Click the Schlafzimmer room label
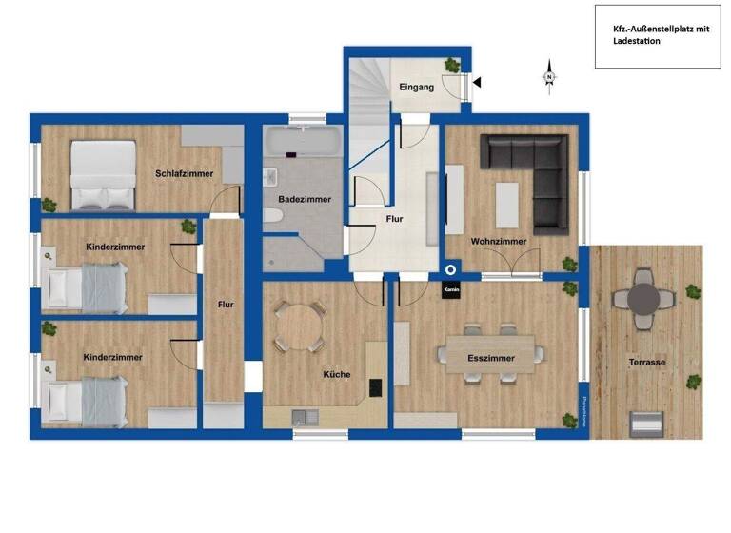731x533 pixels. [x=184, y=173]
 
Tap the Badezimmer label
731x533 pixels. [x=305, y=199]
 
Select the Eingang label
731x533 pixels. [x=416, y=87]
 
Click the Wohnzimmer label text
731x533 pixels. [x=498, y=241]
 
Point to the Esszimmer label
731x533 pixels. [x=491, y=359]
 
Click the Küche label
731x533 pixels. [x=336, y=374]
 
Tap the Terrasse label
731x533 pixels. [x=646, y=363]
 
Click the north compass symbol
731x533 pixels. [x=549, y=77]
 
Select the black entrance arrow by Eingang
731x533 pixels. [x=478, y=84]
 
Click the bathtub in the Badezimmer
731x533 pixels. [x=301, y=144]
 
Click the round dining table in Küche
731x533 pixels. [x=298, y=325]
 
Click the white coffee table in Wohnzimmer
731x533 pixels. [x=507, y=204]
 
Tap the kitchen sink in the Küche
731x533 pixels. [x=302, y=415]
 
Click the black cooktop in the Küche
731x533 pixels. [x=375, y=387]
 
